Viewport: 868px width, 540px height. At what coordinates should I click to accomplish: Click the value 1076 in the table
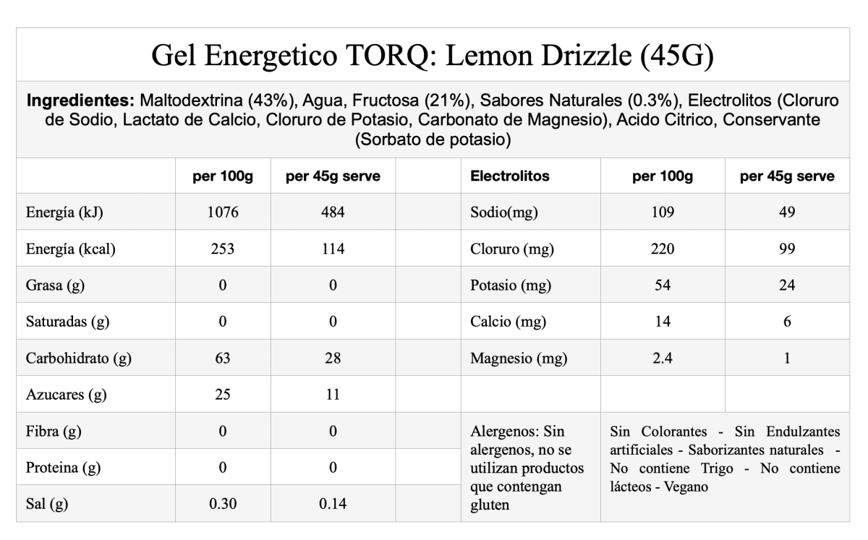(x=222, y=213)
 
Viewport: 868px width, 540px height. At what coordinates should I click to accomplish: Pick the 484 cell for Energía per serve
(x=333, y=213)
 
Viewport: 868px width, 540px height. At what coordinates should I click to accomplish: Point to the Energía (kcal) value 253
(x=222, y=249)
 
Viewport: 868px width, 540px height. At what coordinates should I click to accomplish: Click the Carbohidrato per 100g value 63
(x=222, y=358)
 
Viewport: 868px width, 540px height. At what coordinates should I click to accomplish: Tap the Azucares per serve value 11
(x=333, y=395)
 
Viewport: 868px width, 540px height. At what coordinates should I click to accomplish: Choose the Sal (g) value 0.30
(x=222, y=504)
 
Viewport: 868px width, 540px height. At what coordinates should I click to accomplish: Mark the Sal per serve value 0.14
(x=333, y=504)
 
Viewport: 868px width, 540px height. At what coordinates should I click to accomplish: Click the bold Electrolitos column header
(x=509, y=176)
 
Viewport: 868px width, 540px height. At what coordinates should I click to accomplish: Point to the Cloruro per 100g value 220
(x=663, y=249)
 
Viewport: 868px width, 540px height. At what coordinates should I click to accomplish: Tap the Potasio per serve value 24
(x=787, y=286)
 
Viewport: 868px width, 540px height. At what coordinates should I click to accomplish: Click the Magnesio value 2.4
(x=663, y=358)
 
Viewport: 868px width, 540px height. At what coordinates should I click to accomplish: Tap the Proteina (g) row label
(x=63, y=468)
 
